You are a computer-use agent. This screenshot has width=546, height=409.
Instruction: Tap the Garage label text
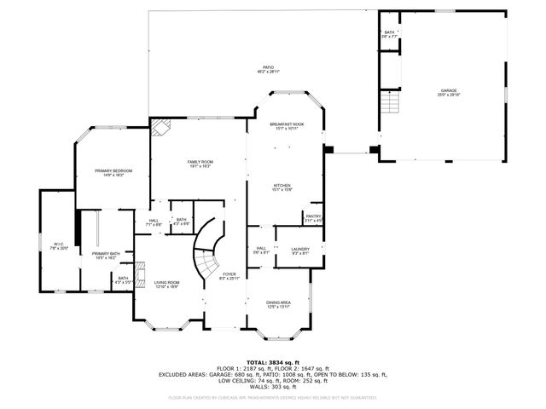[x=449, y=92]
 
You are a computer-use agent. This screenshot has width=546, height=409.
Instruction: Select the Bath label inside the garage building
[x=389, y=35]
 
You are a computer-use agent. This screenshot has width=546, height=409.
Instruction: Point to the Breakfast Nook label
[x=287, y=126]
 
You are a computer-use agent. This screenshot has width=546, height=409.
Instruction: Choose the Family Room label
[x=200, y=164]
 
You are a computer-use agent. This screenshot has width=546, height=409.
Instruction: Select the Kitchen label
[x=283, y=187]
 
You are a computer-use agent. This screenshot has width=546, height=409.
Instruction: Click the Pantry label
[x=313, y=218]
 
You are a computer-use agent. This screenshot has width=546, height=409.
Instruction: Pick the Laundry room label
[x=300, y=251]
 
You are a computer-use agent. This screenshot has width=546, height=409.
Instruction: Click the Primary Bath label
[x=107, y=255]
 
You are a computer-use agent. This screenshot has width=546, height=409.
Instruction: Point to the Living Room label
[x=166, y=285]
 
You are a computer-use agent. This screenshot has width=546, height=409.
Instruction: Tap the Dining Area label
[x=280, y=304]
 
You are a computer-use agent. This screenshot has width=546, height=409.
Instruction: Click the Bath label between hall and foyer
[x=181, y=222]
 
